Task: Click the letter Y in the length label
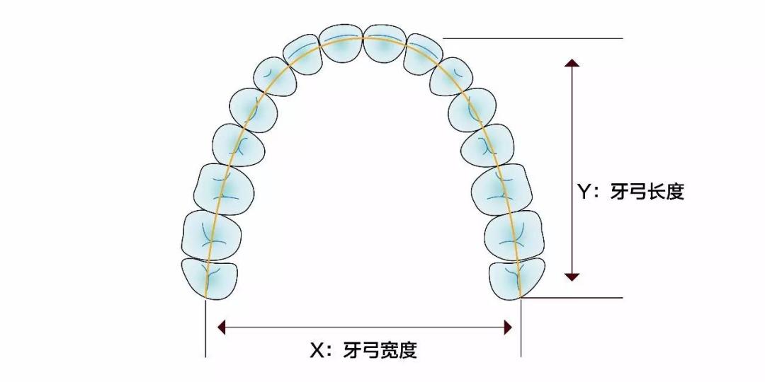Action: click(584, 191)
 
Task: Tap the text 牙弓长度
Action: click(647, 191)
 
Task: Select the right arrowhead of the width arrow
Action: click(507, 327)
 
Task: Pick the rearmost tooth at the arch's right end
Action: click(518, 278)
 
